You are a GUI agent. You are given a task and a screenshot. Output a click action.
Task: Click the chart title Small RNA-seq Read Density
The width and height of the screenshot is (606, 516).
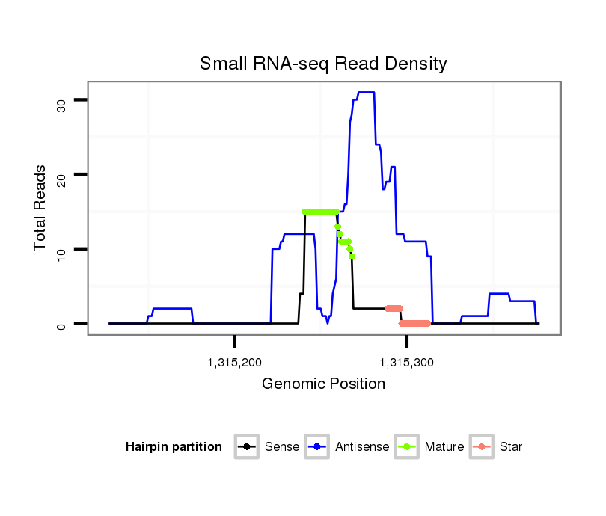323,64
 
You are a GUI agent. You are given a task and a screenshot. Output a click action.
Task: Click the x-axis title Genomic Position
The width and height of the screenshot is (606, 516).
323,384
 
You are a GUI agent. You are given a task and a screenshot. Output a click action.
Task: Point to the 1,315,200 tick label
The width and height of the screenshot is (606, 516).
234,363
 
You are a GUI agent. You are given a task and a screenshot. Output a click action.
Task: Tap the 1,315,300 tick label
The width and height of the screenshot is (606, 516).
406,363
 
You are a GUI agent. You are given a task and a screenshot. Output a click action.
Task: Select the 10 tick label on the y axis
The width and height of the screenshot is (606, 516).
62,249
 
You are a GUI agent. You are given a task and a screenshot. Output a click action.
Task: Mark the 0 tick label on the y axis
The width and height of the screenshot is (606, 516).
62,324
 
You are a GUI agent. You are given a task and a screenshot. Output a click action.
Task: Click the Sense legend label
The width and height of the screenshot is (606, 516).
282,447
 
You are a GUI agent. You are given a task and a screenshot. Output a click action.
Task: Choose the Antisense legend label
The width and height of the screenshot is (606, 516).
362,447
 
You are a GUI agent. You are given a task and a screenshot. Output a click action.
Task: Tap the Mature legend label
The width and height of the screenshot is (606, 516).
444,447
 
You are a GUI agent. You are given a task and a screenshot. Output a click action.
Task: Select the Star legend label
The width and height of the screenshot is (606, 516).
511,447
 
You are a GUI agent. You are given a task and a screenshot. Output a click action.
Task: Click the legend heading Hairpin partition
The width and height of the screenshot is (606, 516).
174,447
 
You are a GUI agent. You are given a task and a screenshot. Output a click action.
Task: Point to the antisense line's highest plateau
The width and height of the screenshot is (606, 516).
366,93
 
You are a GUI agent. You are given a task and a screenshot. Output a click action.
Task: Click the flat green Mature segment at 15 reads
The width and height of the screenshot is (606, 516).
320,212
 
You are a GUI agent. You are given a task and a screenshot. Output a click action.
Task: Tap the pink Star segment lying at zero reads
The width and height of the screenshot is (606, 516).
414,323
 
